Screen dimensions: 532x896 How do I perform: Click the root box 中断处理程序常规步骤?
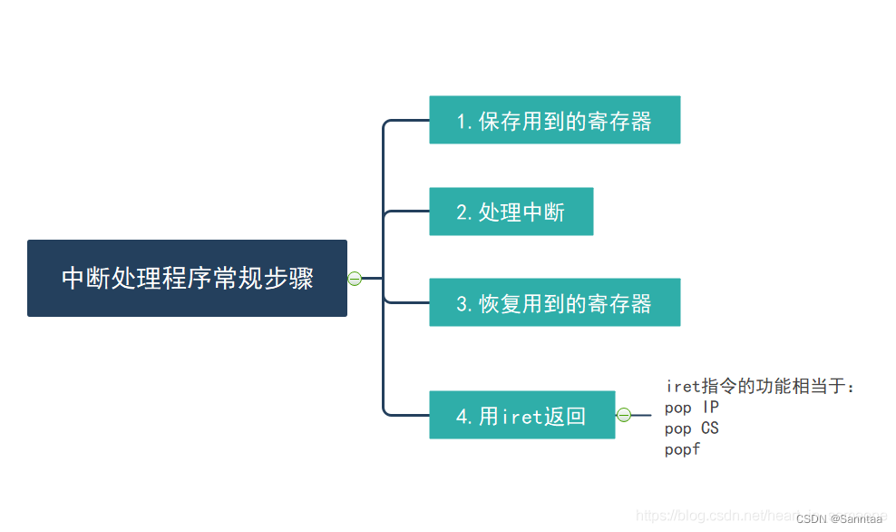[187, 278]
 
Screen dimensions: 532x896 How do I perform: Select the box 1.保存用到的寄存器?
[554, 120]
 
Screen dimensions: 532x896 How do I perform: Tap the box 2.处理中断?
[511, 212]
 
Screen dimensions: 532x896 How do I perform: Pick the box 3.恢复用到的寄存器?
[554, 302]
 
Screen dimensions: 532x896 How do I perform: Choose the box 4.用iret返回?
[521, 415]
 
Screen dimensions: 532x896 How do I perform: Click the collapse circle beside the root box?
[355, 278]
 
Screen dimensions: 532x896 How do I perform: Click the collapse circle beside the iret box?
[623, 415]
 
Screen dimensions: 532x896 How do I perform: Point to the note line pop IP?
[691, 408]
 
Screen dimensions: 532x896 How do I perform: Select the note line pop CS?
[691, 428]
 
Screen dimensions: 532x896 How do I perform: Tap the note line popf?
[682, 448]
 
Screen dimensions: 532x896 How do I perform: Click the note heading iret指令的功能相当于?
[759, 387]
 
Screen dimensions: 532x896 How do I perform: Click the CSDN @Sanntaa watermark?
[841, 519]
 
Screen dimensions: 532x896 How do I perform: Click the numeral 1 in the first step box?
[461, 122]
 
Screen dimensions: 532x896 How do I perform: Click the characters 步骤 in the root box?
[289, 278]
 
